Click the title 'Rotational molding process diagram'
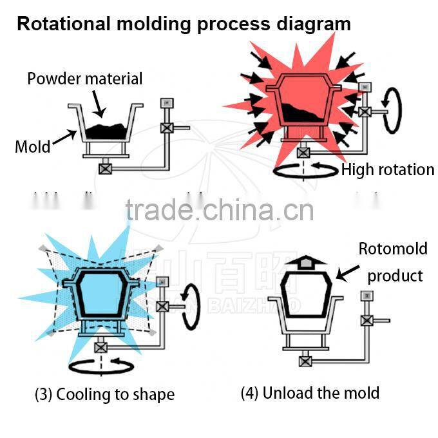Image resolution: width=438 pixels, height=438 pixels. coord(184,24)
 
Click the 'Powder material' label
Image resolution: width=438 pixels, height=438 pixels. coord(84,79)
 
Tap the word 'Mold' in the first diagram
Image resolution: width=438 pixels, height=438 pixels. coord(32,146)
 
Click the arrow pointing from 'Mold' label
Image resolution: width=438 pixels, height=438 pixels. coord(64,137)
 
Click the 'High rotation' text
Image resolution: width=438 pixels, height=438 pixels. coord(388,170)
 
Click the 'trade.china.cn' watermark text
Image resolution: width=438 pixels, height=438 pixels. coord(220,211)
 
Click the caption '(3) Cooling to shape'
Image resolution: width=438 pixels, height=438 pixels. coord(104,394)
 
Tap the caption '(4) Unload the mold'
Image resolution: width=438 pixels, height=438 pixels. coord(310,392)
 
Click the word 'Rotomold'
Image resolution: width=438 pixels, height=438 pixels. coord(393,249)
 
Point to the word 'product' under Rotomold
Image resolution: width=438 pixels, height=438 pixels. coord(395,276)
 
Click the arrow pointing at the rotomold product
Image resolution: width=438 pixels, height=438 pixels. coord(348,273)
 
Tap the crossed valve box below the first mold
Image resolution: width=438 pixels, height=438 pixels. coord(104,169)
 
